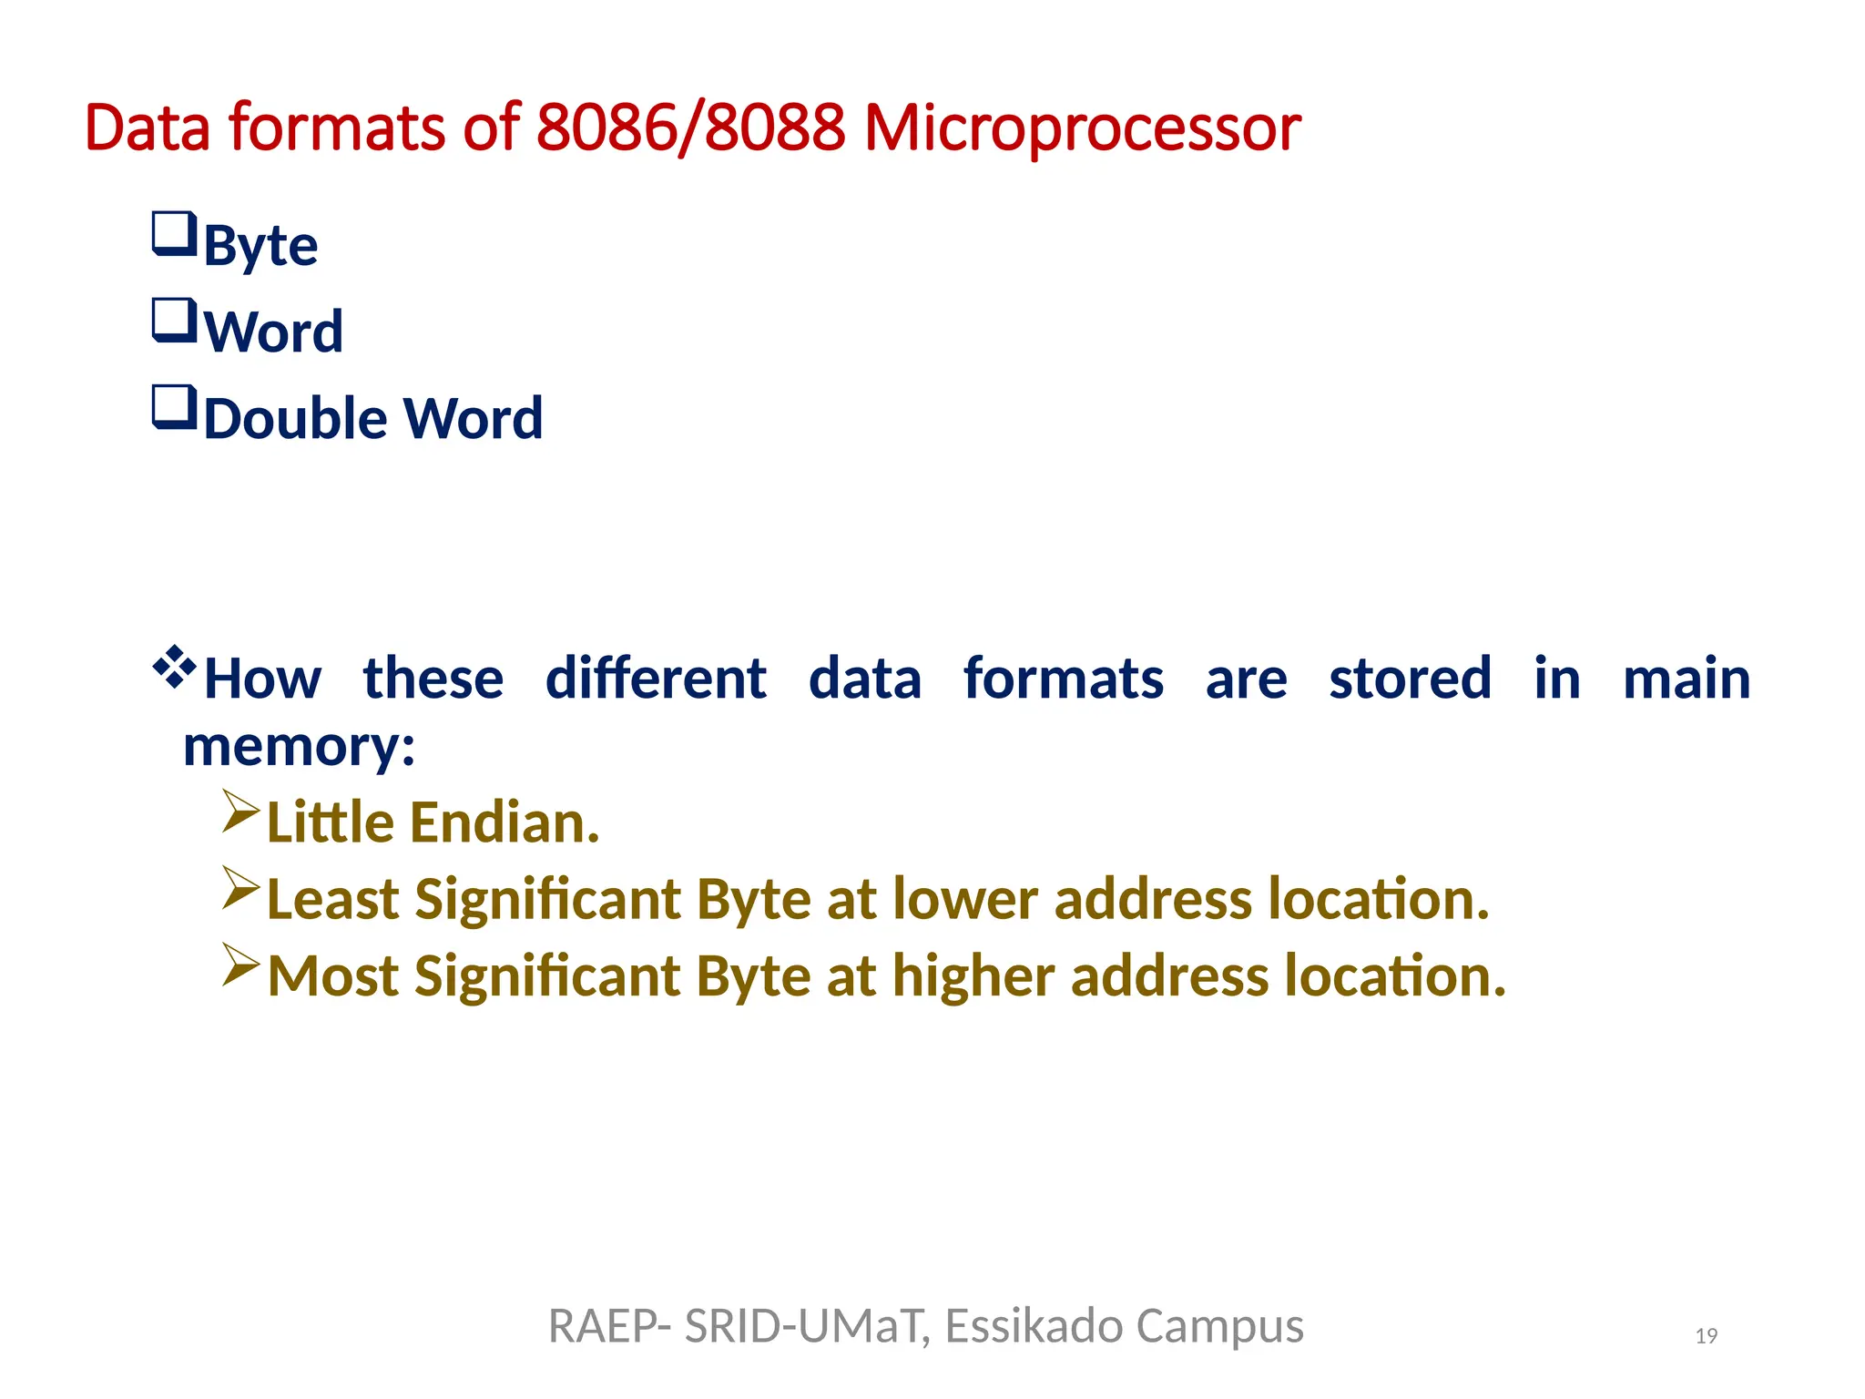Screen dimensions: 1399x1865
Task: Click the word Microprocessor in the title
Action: click(x=1082, y=128)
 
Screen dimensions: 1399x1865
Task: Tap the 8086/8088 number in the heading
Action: click(x=691, y=128)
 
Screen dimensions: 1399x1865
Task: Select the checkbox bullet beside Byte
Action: click(x=173, y=235)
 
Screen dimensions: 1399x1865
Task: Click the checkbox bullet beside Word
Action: click(x=173, y=322)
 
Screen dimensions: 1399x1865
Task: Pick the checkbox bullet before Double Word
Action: click(x=173, y=408)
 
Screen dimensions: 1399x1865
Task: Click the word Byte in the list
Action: click(x=260, y=246)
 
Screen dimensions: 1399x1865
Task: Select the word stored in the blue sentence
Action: click(x=1410, y=679)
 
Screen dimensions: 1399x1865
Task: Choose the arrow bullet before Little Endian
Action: click(x=241, y=812)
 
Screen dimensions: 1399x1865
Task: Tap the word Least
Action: click(x=332, y=900)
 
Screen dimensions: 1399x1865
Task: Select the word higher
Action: click(x=972, y=976)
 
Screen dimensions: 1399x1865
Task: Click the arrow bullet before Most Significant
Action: click(x=241, y=965)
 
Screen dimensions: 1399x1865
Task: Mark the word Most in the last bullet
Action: click(x=332, y=976)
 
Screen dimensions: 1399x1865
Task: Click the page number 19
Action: click(x=1706, y=1336)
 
